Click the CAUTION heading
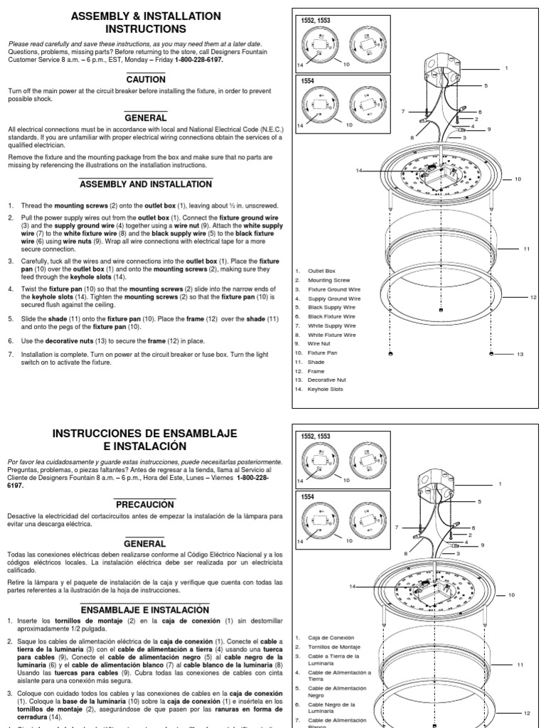tap(145, 80)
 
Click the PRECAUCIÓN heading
tap(145, 504)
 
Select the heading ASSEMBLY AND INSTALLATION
tap(145, 184)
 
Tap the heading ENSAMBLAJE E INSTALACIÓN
tap(145, 609)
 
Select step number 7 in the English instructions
tap(11, 353)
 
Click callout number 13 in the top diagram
tap(520, 353)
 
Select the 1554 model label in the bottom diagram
tap(308, 497)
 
